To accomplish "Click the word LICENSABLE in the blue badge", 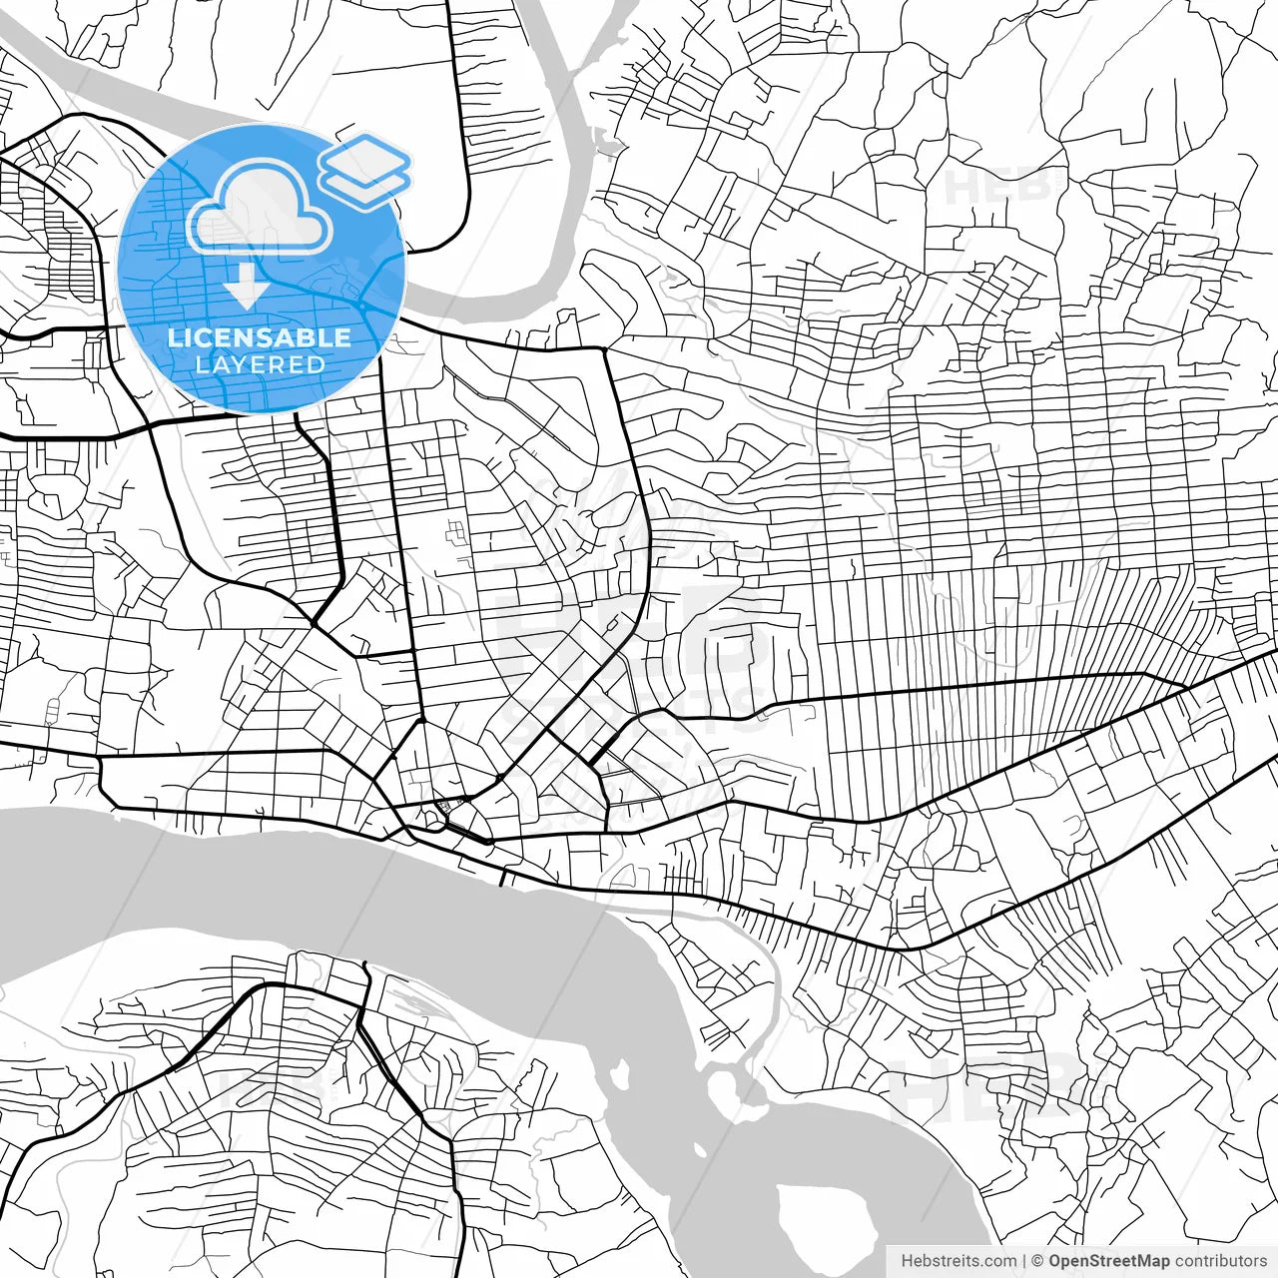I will [260, 337].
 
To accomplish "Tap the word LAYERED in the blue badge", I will [260, 364].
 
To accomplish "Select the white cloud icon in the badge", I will [261, 208].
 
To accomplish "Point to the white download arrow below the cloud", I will [246, 288].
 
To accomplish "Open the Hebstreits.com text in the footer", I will [958, 1261].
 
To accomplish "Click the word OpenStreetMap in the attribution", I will [1108, 1261].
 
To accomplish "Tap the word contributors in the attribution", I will [1220, 1261].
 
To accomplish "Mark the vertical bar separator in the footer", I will [1025, 1261].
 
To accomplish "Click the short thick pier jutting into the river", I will [503, 879].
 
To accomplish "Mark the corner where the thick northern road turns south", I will [604, 349].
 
